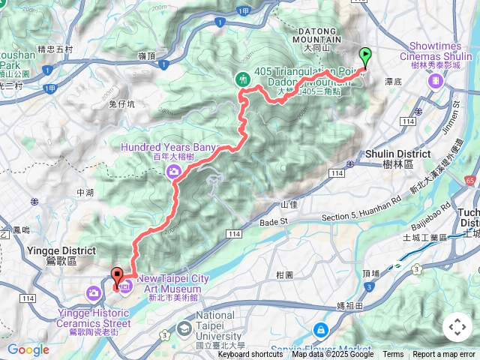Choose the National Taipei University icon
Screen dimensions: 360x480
(184, 328)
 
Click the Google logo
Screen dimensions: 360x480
(28, 349)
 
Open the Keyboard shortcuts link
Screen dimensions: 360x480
(250, 355)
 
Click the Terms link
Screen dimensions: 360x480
(393, 355)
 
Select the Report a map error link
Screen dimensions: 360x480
(444, 355)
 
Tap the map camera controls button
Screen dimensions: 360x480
(457, 327)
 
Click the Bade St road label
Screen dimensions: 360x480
(274, 222)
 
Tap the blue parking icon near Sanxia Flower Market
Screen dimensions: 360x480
(320, 329)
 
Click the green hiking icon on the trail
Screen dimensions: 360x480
(243, 78)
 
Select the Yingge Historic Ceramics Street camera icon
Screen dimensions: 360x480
(94, 292)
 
